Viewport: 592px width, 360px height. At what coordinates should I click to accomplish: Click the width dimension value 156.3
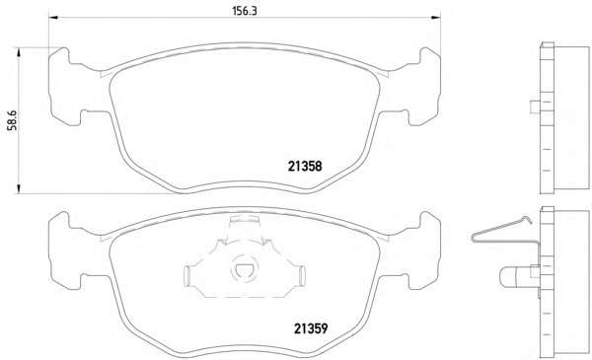(245, 11)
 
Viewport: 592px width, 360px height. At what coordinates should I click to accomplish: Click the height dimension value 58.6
(13, 120)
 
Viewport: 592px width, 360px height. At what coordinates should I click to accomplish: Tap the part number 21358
(305, 166)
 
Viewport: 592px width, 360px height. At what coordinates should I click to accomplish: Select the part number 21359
(311, 328)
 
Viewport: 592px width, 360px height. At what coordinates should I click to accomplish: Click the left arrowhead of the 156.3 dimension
(53, 18)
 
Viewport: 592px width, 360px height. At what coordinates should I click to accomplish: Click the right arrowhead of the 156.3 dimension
(436, 18)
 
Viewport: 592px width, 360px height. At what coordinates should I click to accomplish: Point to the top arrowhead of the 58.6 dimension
(18, 52)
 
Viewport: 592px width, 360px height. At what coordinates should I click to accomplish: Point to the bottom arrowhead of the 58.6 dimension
(18, 189)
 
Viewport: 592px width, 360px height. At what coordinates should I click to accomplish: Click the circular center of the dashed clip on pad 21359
(244, 268)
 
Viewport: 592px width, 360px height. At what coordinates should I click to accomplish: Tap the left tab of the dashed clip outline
(187, 276)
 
